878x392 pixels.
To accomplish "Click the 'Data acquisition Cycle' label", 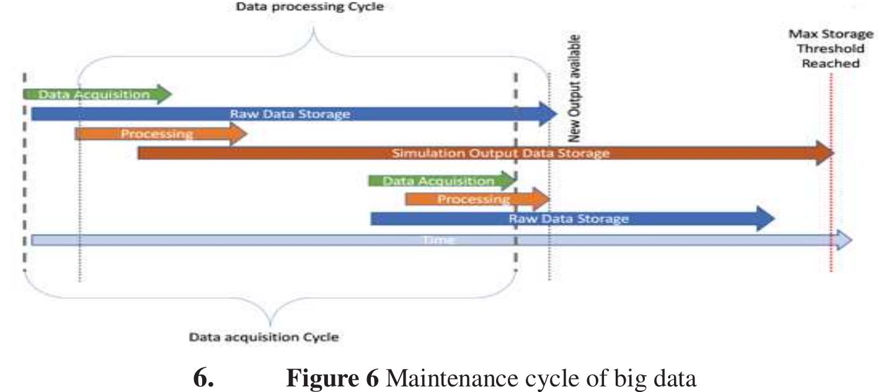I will coord(264,337).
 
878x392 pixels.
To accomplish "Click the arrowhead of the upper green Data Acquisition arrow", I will coord(164,94).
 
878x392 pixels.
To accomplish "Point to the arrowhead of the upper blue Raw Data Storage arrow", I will coord(549,114).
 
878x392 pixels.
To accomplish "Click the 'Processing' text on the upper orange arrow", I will coord(157,134).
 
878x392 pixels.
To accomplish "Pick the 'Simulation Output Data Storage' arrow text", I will coord(500,153).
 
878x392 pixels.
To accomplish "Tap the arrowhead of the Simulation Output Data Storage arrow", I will coord(825,153).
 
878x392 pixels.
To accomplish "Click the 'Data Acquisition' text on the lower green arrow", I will coord(438,181).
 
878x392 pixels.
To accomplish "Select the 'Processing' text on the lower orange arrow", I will coord(473,200).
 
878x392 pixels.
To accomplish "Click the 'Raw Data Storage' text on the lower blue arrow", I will coord(569,219).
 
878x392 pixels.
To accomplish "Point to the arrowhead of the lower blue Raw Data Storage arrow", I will coord(767,219).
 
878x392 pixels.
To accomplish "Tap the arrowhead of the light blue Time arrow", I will coord(845,241).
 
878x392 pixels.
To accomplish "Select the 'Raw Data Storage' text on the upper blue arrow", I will coord(290,114).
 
